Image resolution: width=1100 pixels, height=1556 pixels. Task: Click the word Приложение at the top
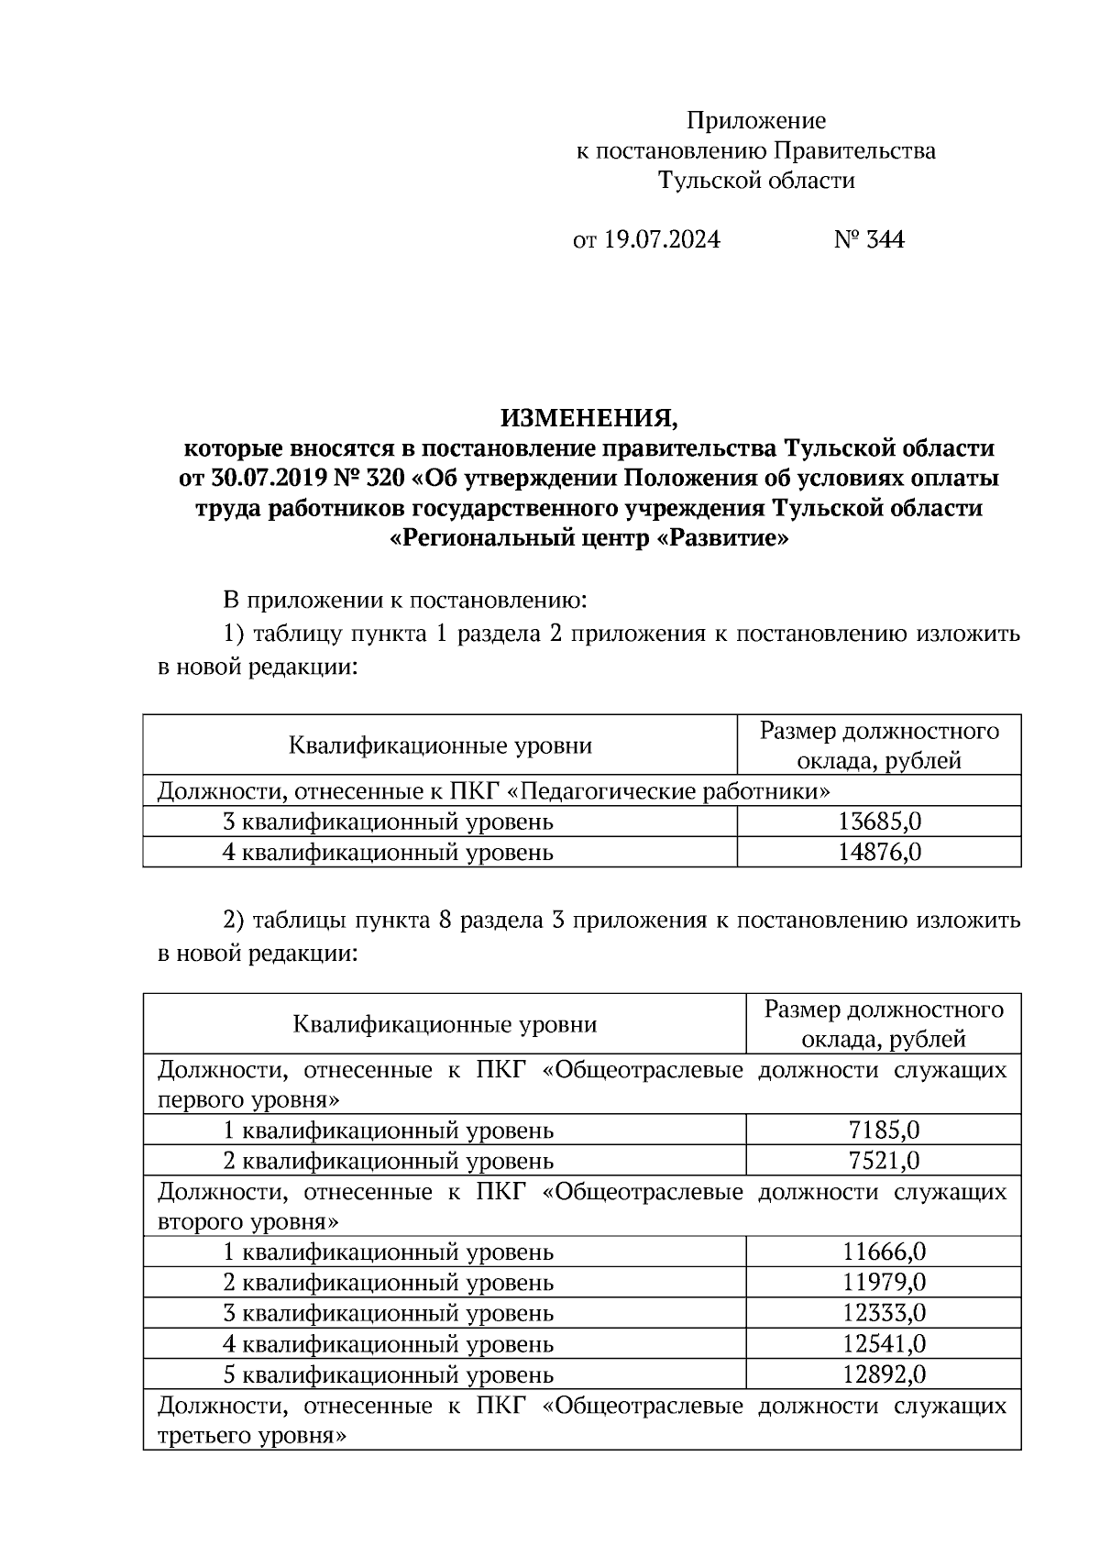click(756, 121)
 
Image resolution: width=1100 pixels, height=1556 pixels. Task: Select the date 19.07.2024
click(662, 240)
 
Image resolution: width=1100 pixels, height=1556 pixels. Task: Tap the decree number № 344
click(869, 240)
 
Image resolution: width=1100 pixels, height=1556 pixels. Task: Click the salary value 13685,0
click(879, 822)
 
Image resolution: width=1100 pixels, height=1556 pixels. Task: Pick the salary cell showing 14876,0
click(879, 853)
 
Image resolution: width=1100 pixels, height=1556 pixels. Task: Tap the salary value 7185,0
click(884, 1131)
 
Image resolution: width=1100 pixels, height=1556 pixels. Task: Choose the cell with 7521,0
click(884, 1162)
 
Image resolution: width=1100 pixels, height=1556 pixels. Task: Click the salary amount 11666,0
click(884, 1253)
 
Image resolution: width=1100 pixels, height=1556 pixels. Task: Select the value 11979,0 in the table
click(884, 1283)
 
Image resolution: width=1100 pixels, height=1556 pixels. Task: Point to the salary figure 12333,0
click(884, 1313)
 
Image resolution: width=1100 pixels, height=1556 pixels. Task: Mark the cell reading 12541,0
click(884, 1344)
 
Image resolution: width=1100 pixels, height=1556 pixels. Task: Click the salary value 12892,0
click(884, 1375)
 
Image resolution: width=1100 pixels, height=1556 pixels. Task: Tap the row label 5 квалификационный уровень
click(389, 1375)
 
